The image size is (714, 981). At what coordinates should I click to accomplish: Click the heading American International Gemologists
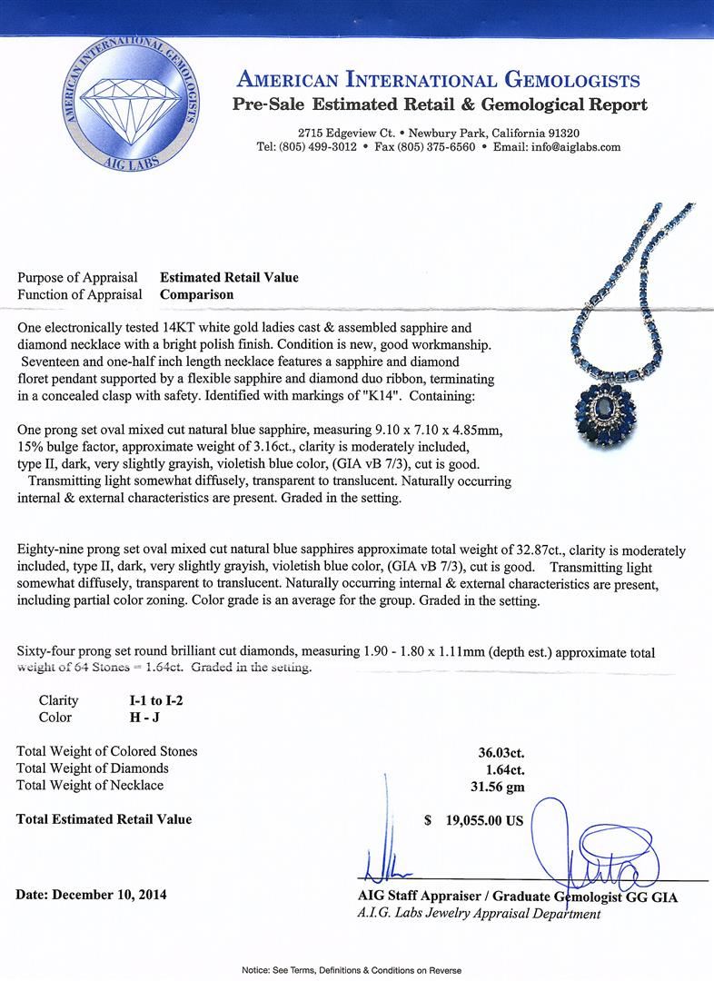tap(440, 81)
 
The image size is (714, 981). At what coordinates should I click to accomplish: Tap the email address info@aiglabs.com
tap(576, 146)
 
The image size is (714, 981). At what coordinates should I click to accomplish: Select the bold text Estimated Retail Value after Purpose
tap(229, 278)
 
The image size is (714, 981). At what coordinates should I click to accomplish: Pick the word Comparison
tap(196, 294)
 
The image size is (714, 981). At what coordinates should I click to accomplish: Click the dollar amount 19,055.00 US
tap(484, 819)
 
